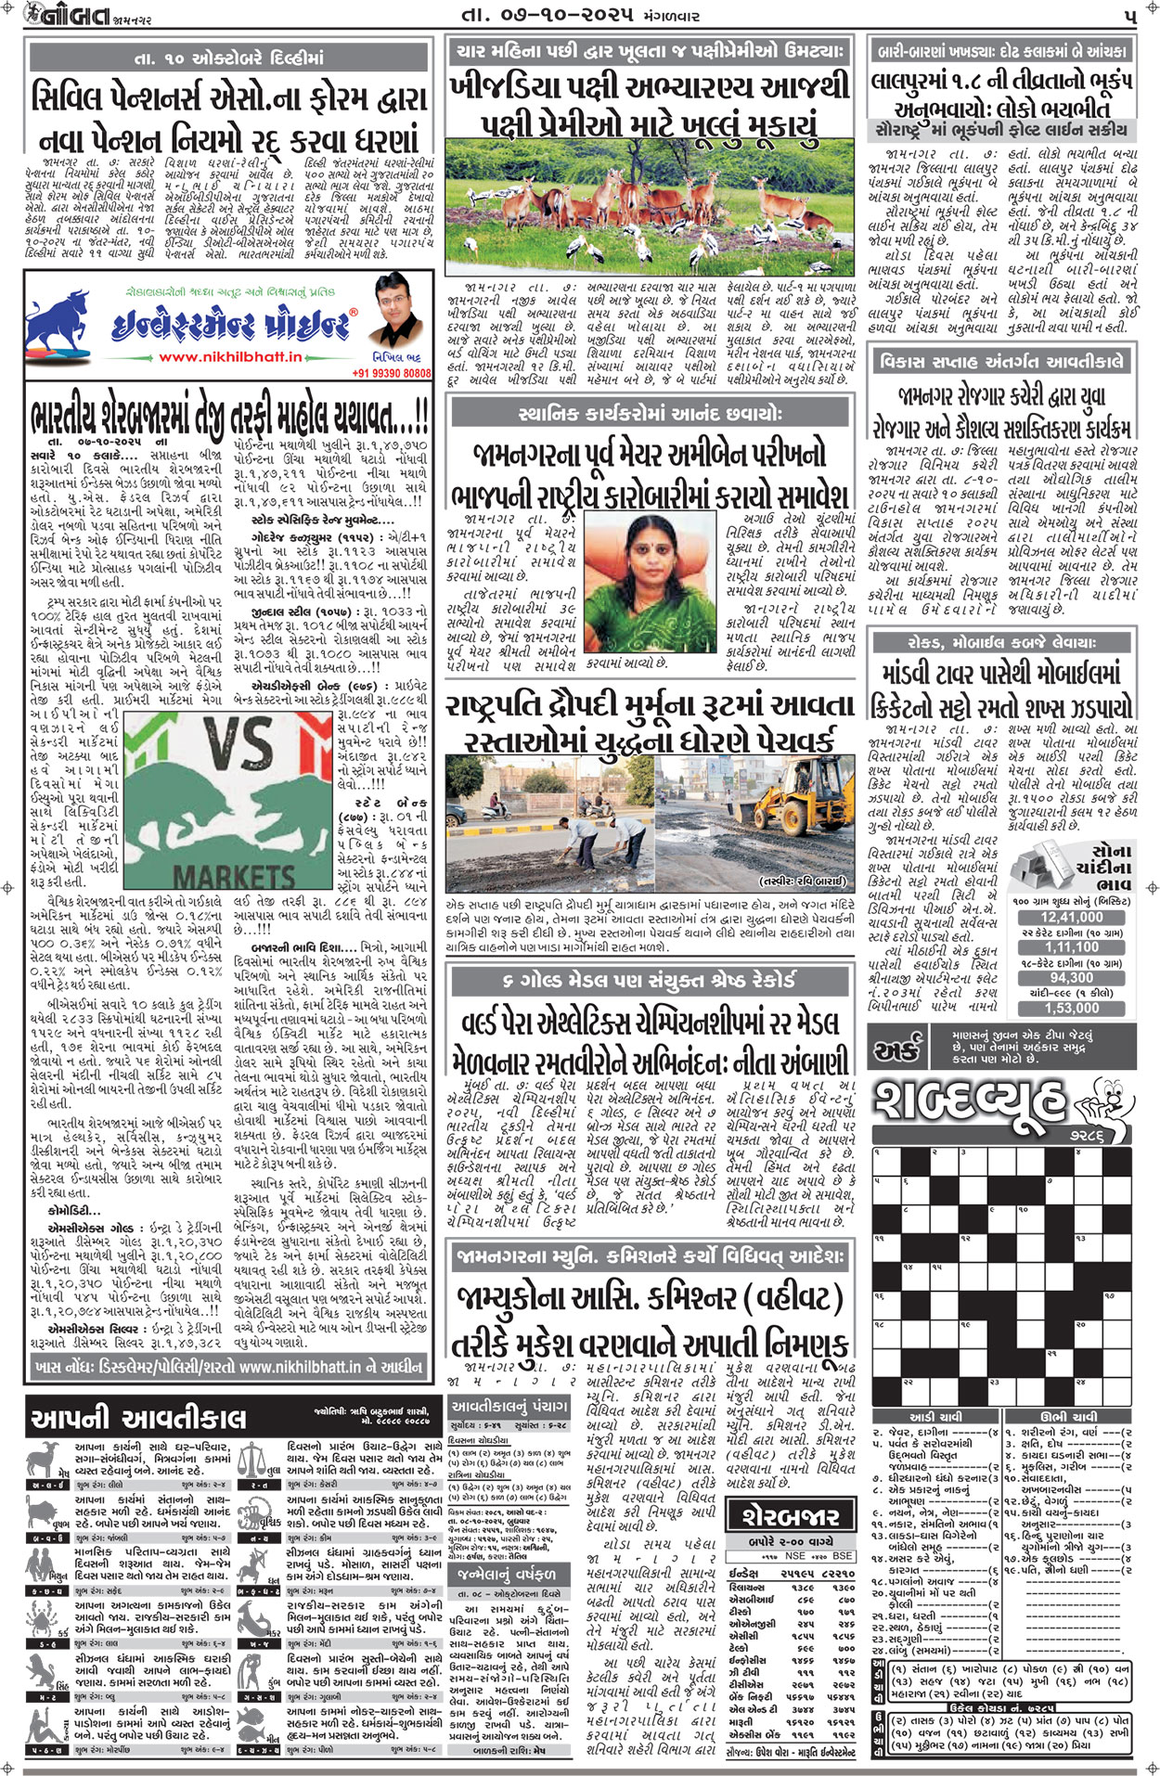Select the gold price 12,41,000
pyautogui.click(x=1071, y=917)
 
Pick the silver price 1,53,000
pyautogui.click(x=1071, y=1008)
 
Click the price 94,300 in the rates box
pyautogui.click(x=1071, y=977)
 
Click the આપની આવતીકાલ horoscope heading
pyautogui.click(x=139, y=1418)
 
